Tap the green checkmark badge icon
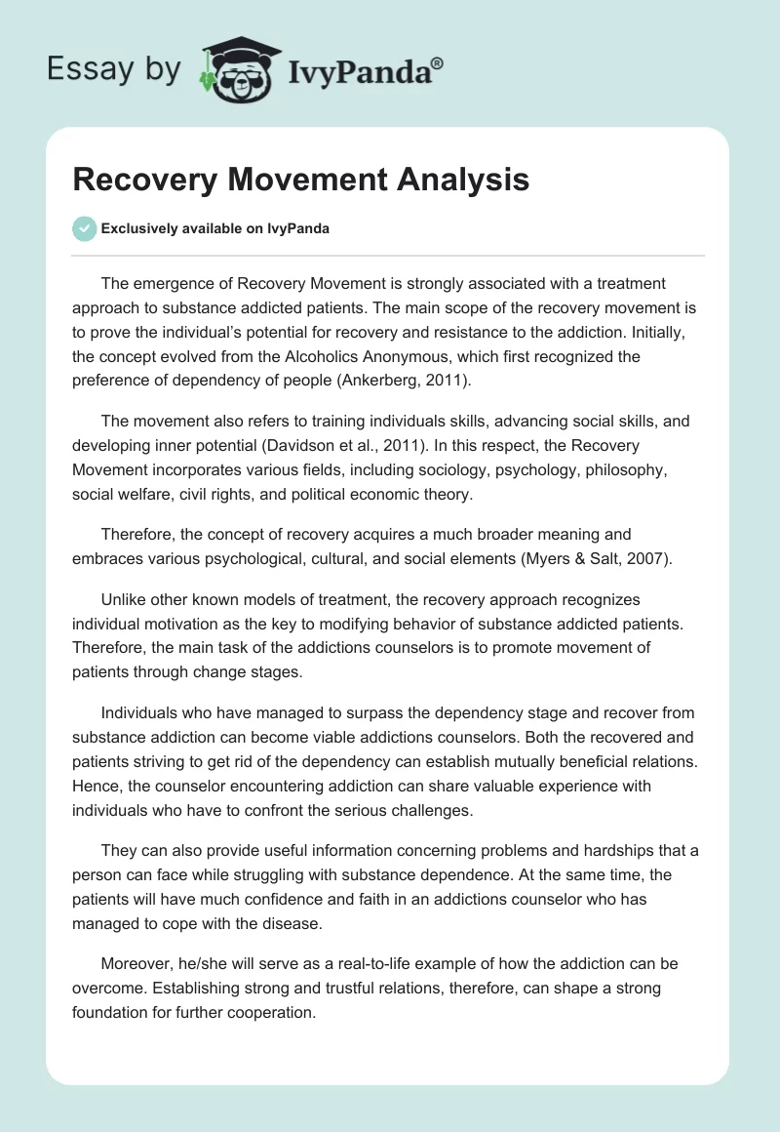pyautogui.click(x=84, y=228)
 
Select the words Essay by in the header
pyautogui.click(x=115, y=69)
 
